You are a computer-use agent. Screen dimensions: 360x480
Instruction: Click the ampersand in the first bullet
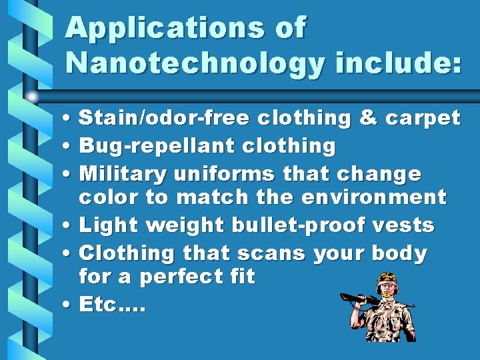(367, 118)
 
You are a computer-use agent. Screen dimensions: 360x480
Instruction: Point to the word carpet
(423, 119)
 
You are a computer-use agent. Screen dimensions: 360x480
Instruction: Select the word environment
(373, 197)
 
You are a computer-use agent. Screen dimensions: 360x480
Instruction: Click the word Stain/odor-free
(164, 118)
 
